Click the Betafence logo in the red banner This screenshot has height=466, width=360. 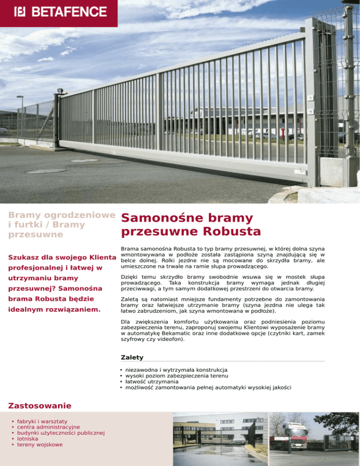[x=60, y=11]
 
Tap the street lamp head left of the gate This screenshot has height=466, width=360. [x=20, y=97]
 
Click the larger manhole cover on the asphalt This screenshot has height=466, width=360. [x=46, y=171]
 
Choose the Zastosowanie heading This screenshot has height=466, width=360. [x=40, y=405]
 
